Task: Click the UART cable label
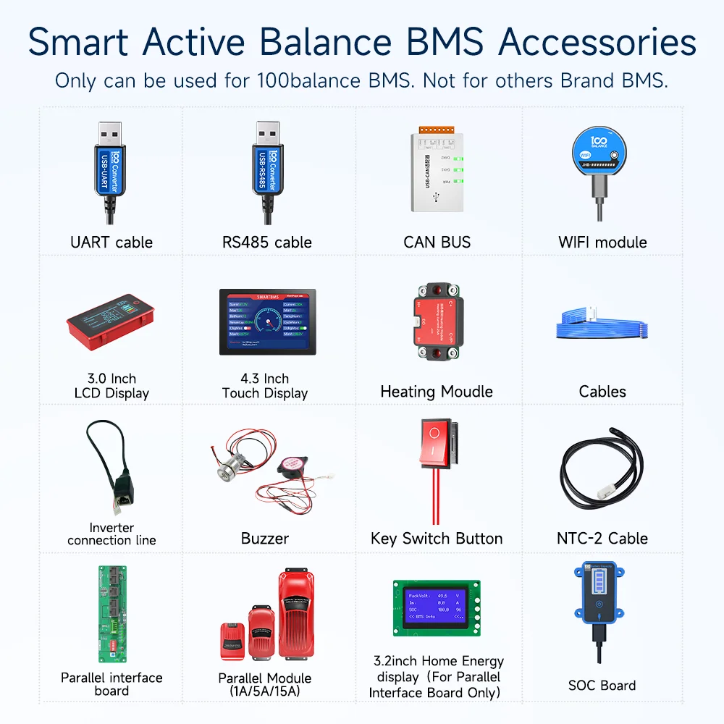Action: coord(111,242)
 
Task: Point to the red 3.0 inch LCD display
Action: coord(111,319)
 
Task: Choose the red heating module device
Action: coord(437,321)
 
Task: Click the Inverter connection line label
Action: coord(111,534)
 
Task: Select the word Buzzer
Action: coord(265,539)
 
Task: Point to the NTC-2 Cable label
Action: coord(602,539)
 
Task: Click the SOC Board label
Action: coord(602,685)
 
